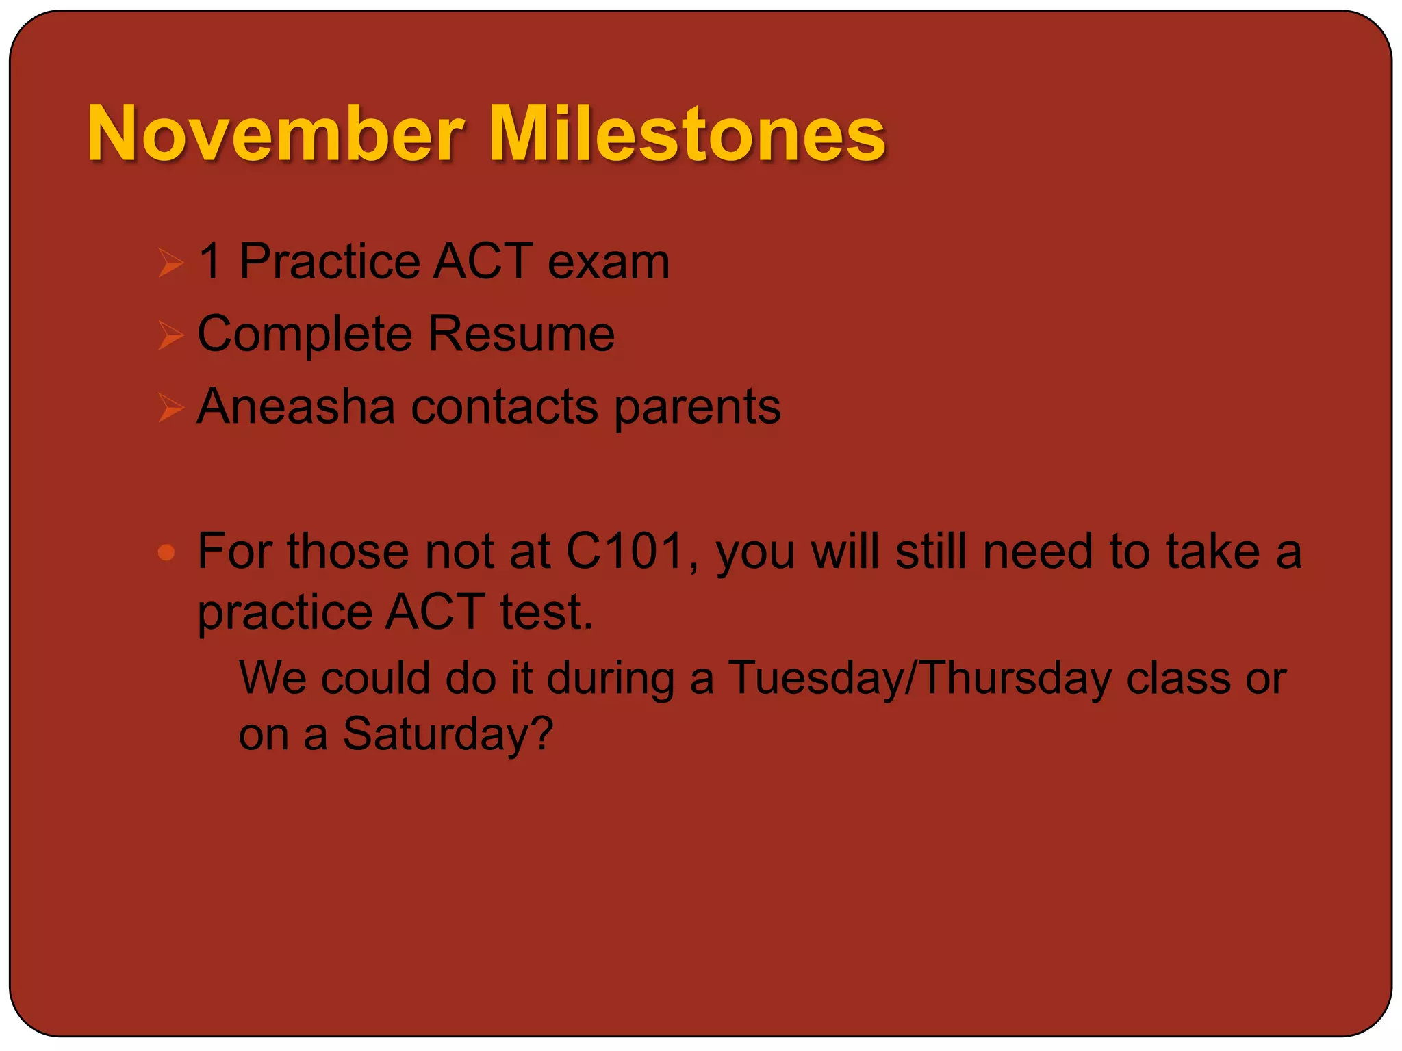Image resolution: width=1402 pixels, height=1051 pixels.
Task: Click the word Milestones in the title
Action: (x=687, y=134)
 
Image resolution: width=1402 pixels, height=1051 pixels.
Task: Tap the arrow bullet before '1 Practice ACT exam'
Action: (x=170, y=263)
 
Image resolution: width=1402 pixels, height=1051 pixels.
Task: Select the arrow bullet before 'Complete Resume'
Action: (x=170, y=335)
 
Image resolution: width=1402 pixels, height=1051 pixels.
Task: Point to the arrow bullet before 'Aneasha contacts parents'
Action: (x=170, y=408)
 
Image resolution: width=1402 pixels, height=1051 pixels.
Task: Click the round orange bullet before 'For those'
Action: (x=166, y=552)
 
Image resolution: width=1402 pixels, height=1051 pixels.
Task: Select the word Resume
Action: (x=521, y=334)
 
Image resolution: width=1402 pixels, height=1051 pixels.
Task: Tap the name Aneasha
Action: (x=296, y=406)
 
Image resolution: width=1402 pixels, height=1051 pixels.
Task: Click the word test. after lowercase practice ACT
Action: (x=546, y=611)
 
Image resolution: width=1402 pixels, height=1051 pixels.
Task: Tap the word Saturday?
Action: (x=448, y=735)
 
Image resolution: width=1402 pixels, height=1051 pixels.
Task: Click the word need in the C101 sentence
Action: (x=1037, y=551)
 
